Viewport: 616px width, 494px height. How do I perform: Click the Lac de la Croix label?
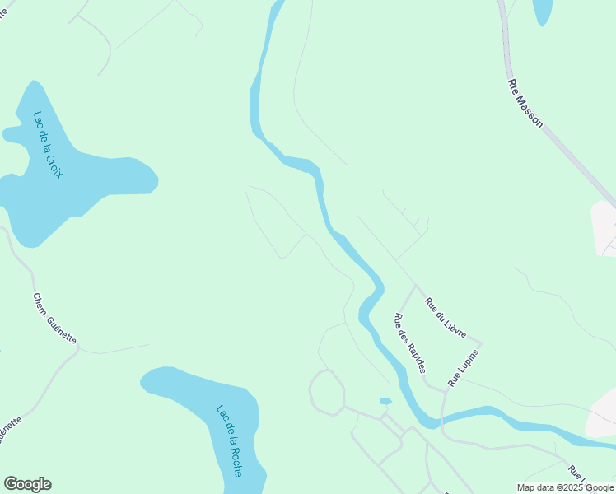49,145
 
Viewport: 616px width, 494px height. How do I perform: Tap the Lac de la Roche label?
229,440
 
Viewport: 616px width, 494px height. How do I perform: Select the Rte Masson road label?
526,102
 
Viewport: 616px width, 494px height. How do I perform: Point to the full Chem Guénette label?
54,319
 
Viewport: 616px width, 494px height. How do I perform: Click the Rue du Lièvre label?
446,317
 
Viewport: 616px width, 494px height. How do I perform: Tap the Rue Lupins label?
463,367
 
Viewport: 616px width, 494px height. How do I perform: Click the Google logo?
27,484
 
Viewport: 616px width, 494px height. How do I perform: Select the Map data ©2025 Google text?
565,487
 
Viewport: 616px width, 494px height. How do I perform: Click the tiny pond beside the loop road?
385,401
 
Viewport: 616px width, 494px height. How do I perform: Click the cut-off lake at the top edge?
543,10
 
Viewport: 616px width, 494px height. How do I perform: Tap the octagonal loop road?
327,392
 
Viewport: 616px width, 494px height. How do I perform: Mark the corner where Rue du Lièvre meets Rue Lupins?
481,343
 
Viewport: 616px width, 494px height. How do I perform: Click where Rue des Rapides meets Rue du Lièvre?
416,287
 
